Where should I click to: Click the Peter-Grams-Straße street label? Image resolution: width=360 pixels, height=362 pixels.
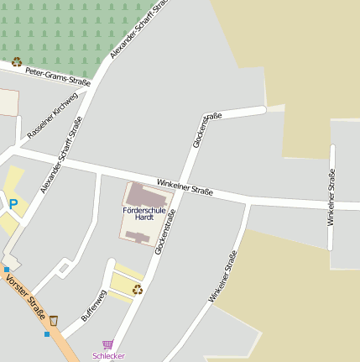(x=57, y=76)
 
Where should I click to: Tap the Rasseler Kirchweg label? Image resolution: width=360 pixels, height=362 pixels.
(x=52, y=115)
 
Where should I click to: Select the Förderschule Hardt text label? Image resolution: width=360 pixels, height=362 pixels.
(x=138, y=212)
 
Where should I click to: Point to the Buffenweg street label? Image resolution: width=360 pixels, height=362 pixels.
(x=93, y=306)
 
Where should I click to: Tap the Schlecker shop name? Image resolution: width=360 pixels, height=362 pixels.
(x=109, y=355)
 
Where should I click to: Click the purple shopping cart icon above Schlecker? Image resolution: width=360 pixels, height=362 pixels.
(x=107, y=344)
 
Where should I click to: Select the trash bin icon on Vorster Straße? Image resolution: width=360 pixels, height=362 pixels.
(x=54, y=320)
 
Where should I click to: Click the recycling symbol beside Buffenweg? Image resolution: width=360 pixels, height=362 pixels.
(x=138, y=289)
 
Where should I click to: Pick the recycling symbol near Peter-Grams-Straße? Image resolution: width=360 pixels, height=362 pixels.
(x=16, y=61)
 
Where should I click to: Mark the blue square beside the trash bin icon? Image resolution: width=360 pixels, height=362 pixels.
(x=47, y=333)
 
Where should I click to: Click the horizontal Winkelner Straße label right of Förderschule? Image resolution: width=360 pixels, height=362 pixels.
(x=185, y=186)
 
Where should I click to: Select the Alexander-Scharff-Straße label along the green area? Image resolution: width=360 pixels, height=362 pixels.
(x=138, y=29)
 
